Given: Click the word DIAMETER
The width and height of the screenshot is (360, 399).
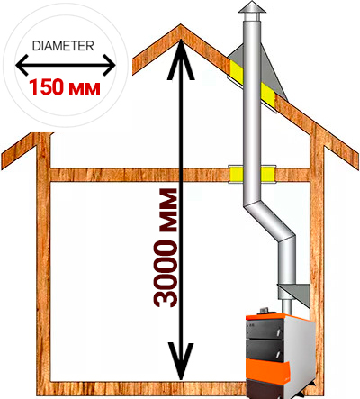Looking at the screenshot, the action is point(63,46).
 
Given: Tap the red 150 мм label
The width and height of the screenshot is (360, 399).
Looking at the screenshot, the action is point(65,87).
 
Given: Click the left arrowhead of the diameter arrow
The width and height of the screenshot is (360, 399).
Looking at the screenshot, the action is point(22,65).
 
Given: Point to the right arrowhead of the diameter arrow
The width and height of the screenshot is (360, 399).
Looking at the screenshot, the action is point(109,65).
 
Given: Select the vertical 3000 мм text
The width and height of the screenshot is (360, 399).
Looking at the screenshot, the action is point(165,248).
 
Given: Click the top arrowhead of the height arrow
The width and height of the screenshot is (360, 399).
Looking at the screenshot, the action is point(181,59).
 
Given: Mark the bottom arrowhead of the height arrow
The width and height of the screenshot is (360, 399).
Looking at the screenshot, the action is point(181,361).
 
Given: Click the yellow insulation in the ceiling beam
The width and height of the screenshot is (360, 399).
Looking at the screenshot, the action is point(252,174).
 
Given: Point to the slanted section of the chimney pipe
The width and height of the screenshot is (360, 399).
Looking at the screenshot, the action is point(268,223).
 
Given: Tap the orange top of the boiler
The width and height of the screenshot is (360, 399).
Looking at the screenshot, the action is point(280,318).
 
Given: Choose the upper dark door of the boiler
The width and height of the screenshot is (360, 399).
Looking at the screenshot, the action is point(265,329).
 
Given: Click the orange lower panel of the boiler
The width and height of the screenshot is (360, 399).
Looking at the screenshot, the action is point(267,369).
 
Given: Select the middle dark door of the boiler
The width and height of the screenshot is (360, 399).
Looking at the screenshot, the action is point(265,349).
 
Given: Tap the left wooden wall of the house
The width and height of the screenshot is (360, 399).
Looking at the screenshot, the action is point(43,261).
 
